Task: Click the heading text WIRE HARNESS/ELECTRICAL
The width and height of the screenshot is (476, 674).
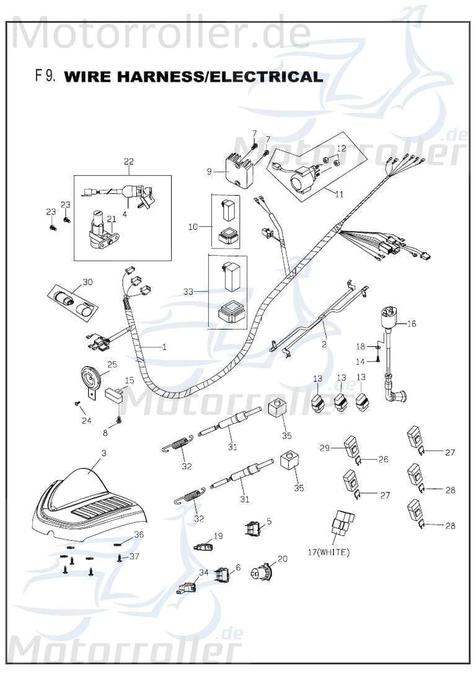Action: click(x=193, y=77)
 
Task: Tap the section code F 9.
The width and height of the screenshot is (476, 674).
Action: click(x=46, y=76)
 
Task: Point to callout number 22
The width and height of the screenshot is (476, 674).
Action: click(x=128, y=162)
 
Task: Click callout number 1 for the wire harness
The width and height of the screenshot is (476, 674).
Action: click(x=164, y=347)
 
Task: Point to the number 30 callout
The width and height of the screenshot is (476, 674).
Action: click(x=87, y=282)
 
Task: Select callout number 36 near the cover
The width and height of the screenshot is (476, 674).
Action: click(x=139, y=534)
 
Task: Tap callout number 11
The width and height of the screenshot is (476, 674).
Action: click(x=339, y=194)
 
